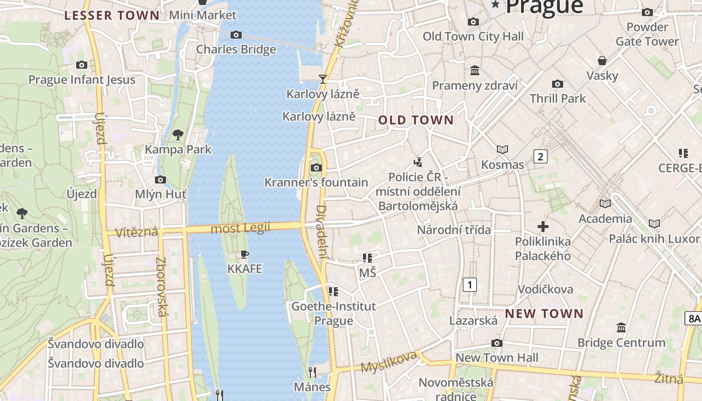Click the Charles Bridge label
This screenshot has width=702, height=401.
pos(236,49)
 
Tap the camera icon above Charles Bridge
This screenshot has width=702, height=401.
pos(236,35)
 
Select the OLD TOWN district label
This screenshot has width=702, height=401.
pos(416,120)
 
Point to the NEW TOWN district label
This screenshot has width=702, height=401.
pos(544,314)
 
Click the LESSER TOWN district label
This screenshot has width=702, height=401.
pos(112,15)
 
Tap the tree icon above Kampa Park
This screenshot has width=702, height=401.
pos(178,134)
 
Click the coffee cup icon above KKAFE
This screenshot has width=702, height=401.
pos(245,254)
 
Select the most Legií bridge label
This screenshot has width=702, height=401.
pos(241,228)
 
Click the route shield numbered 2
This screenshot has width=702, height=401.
pos(540,156)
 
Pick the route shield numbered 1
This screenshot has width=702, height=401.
pos(469,285)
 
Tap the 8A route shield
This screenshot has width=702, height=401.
pos(693,318)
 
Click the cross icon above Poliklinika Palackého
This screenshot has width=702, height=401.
pos(543,227)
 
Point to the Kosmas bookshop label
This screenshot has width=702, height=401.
pos(502,165)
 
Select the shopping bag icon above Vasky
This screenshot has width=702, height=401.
pos(602,61)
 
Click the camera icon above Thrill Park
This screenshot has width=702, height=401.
pos(557,84)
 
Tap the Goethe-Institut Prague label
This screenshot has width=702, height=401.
pos(333,313)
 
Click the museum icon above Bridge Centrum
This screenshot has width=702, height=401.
pos(621,328)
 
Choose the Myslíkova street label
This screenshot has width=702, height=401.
pos(389,362)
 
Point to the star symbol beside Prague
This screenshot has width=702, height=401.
pos(496,5)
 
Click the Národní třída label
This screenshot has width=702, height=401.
pos(454,230)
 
